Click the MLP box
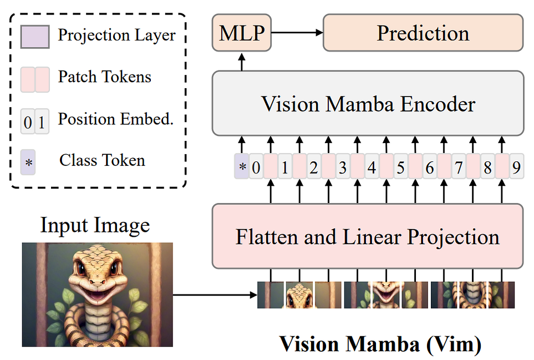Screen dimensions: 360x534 point(242,34)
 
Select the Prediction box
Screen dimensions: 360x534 point(423,34)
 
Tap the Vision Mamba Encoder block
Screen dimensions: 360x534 point(368,104)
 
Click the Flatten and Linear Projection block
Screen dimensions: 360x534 point(368,236)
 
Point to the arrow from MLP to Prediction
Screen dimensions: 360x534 point(297,34)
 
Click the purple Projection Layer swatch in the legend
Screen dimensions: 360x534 point(35,37)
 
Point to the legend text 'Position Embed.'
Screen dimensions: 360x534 point(116,119)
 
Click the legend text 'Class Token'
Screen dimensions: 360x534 point(102,161)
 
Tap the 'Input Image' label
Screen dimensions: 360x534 point(95,226)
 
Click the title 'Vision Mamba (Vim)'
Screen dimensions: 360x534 point(380,344)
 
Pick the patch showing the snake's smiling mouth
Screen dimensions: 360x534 point(386,295)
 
